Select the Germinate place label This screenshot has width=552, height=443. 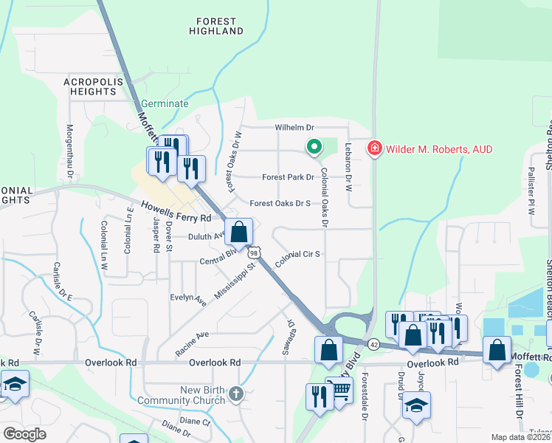(x=165, y=103)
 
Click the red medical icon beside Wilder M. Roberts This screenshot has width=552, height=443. (x=374, y=149)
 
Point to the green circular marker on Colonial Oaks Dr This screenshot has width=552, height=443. (x=314, y=148)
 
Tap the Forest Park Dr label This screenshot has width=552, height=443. (x=288, y=177)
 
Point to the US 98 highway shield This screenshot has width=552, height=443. (x=254, y=253)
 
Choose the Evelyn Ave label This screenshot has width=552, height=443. (x=188, y=296)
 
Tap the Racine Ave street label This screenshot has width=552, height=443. (x=192, y=334)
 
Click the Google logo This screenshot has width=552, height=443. (x=25, y=434)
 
